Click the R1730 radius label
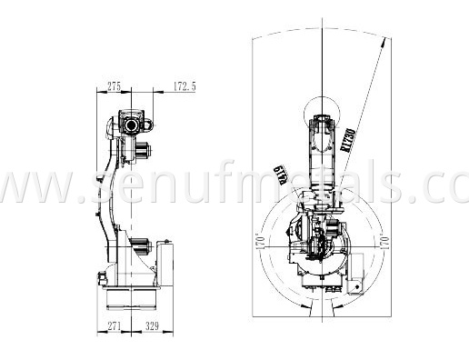pyautogui.click(x=347, y=138)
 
